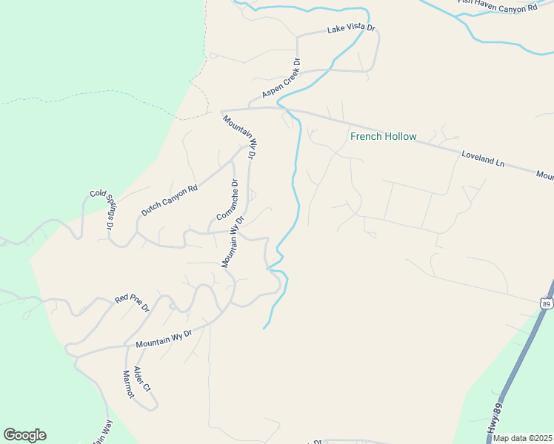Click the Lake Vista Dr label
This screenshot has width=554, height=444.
(x=352, y=30)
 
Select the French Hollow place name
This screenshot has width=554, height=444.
(x=383, y=136)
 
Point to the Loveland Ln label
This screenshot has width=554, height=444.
(x=482, y=159)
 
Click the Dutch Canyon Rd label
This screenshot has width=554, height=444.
(x=170, y=200)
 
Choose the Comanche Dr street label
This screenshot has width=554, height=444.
(x=225, y=200)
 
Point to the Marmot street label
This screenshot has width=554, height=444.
(x=128, y=384)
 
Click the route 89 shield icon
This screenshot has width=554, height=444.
(x=546, y=303)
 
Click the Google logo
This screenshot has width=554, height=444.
(x=24, y=435)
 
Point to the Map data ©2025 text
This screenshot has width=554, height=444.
(x=522, y=438)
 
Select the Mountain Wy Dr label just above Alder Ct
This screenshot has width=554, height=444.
(x=164, y=340)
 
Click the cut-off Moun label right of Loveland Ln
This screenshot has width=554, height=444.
(x=545, y=176)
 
